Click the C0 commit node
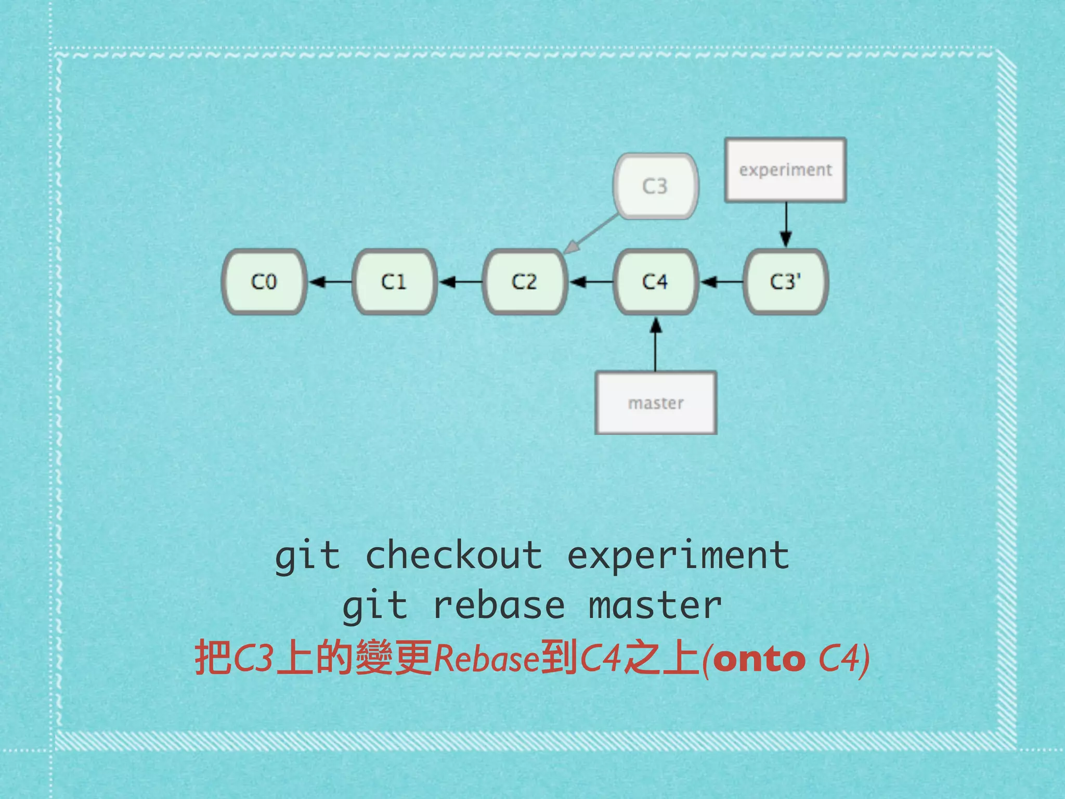pyautogui.click(x=264, y=281)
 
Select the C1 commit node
pyautogui.click(x=394, y=281)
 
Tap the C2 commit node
pyautogui.click(x=524, y=281)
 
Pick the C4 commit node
pyautogui.click(x=655, y=281)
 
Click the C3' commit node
pyautogui.click(x=786, y=281)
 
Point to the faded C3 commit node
pyautogui.click(x=655, y=186)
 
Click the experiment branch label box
pyautogui.click(x=785, y=170)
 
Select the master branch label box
pyautogui.click(x=656, y=403)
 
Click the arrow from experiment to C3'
pyautogui.click(x=786, y=224)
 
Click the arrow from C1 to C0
pyautogui.click(x=330, y=282)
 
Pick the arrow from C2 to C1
pyautogui.click(x=460, y=282)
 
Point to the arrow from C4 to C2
pyautogui.click(x=591, y=282)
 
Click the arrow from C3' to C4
pyautogui.click(x=721, y=282)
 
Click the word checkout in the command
pyautogui.click(x=454, y=556)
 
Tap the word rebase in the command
pyautogui.click(x=499, y=606)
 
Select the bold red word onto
pyautogui.click(x=759, y=659)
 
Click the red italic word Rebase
pyautogui.click(x=486, y=659)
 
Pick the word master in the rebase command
pyautogui.click(x=655, y=606)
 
